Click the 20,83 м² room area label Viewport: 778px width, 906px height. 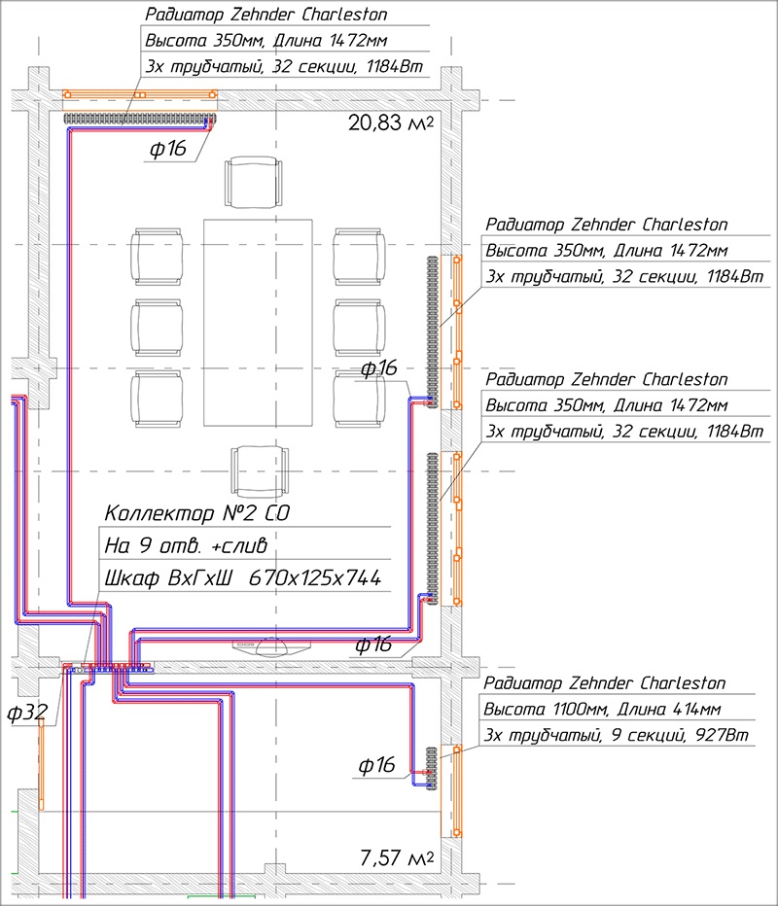point(391,123)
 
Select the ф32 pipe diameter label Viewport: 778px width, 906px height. point(26,713)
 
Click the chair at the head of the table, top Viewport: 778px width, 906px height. point(254,182)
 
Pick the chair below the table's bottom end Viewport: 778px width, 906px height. point(260,470)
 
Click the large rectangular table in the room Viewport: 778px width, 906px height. point(258,323)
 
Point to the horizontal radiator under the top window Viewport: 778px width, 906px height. point(139,119)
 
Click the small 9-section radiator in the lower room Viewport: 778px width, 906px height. point(432,769)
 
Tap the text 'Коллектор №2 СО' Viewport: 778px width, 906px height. point(197,513)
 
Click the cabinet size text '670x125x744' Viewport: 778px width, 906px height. point(315,577)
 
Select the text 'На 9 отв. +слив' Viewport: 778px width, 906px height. point(186,545)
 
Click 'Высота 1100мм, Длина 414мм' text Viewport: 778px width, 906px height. point(602,709)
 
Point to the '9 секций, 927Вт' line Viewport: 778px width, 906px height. point(680,735)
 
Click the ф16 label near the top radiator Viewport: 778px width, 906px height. point(167,149)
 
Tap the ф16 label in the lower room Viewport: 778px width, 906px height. point(377,765)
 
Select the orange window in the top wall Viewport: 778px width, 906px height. point(140,94)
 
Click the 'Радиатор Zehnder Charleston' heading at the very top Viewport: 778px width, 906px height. point(265,15)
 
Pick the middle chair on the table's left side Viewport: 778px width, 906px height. point(158,327)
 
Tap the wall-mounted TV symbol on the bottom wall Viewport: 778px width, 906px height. point(271,646)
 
